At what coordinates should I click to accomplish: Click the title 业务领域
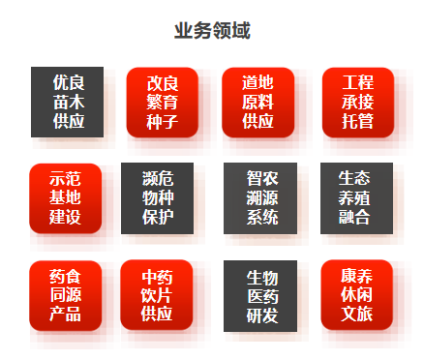212,31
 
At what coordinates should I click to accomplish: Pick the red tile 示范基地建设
66,197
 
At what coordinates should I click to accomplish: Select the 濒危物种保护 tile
157,197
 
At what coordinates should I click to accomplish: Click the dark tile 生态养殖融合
355,197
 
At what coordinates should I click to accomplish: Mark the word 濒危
157,177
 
